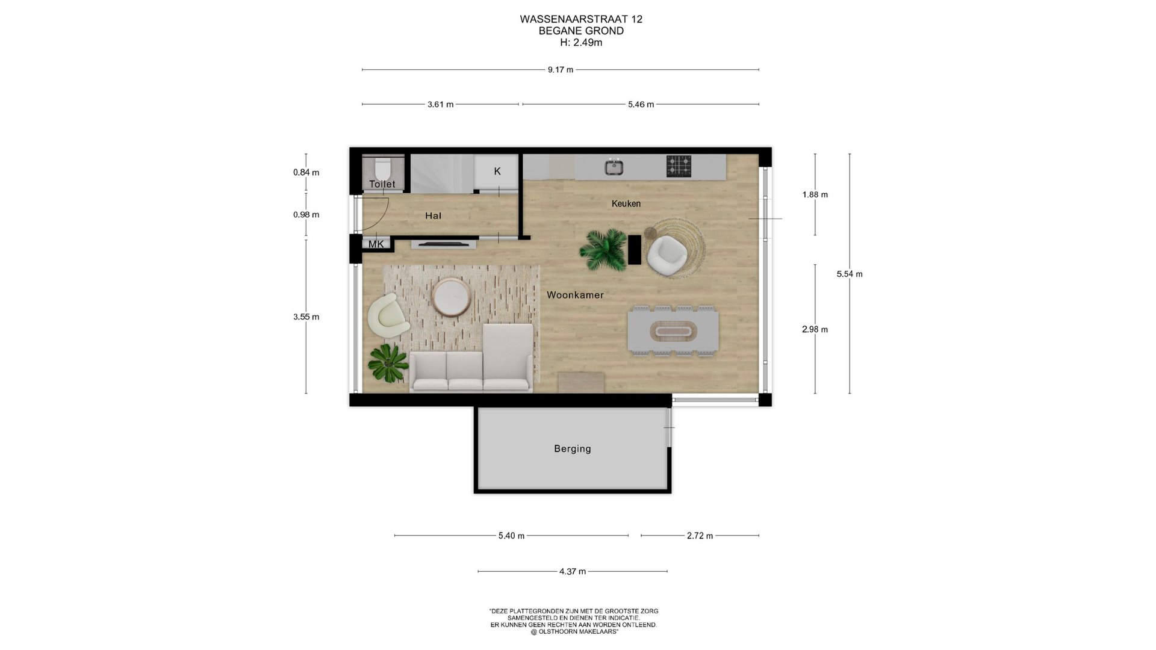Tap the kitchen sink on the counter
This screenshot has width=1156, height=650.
tap(614, 167)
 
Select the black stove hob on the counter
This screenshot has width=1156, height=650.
tap(679, 166)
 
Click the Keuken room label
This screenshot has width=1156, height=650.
tap(626, 203)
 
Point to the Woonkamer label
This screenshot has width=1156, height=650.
tap(575, 295)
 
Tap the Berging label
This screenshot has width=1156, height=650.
tap(573, 448)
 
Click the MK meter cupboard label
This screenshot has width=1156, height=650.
tap(376, 244)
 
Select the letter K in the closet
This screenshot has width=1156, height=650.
tap(497, 172)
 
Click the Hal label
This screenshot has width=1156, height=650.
tap(433, 215)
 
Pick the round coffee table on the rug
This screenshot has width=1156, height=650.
tap(452, 297)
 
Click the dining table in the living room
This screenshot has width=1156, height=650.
tap(673, 331)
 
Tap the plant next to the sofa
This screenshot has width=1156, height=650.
tap(388, 363)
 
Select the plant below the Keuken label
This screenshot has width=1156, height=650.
tap(603, 250)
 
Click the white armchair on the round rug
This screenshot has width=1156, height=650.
tap(667, 256)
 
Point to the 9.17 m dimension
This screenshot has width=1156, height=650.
tap(561, 70)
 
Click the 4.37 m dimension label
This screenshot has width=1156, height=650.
tap(573, 571)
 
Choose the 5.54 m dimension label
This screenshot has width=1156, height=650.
tap(850, 274)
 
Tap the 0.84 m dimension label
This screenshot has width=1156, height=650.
tap(306, 172)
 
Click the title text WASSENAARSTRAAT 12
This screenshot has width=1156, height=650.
tap(581, 19)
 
